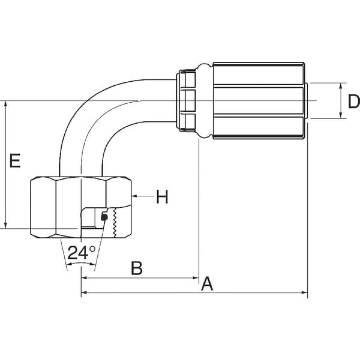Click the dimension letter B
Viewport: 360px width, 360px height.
pos(137,268)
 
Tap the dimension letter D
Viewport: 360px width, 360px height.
pos(354,102)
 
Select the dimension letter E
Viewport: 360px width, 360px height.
pos(15,161)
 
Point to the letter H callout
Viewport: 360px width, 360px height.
pos(162,197)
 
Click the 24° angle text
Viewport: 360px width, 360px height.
pos(81,253)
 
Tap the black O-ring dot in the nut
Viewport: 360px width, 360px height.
pos(104,217)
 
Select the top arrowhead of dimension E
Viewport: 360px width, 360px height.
pos(6,104)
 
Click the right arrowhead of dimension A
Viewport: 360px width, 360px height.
pos(305,292)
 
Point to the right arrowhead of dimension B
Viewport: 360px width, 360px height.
pos(196,278)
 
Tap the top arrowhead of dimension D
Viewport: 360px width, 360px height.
pos(341,86)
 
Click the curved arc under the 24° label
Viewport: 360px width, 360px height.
pos(81,263)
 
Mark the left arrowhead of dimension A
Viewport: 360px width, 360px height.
pos(84,292)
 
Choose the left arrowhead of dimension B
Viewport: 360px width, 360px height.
pos(84,278)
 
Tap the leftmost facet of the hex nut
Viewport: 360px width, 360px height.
pos(44,207)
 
